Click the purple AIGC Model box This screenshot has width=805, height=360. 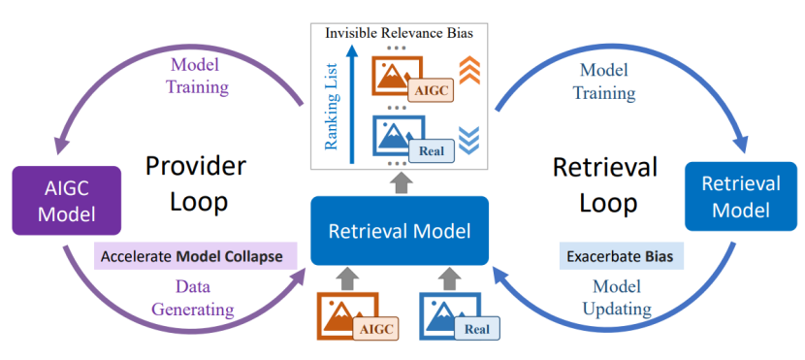(x=67, y=200)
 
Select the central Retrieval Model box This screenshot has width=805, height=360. (x=400, y=231)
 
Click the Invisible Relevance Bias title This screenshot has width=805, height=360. (x=399, y=34)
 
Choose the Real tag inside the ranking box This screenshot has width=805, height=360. (x=432, y=151)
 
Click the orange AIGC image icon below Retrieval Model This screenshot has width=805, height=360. (x=358, y=315)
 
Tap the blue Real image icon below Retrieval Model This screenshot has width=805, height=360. (x=460, y=315)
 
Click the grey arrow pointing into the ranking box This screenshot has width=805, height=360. (x=402, y=181)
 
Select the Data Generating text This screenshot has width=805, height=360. (x=193, y=298)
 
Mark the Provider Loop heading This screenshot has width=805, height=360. (x=196, y=184)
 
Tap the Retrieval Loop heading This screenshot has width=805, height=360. (x=605, y=184)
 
